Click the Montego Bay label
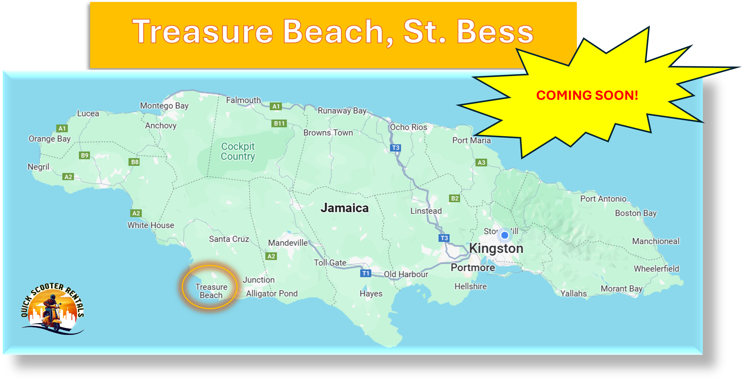(164, 106)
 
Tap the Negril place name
(38, 167)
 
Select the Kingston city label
(496, 248)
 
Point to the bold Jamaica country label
(345, 208)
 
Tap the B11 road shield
(279, 124)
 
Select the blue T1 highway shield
(366, 273)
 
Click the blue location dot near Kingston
(505, 235)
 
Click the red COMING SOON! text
(587, 95)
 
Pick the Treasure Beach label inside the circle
(211, 291)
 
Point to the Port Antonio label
(603, 199)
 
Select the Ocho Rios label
(408, 127)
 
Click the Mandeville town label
(288, 243)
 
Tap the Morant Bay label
(621, 288)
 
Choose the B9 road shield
(84, 155)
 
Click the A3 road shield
(481, 162)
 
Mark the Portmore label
(473, 267)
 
